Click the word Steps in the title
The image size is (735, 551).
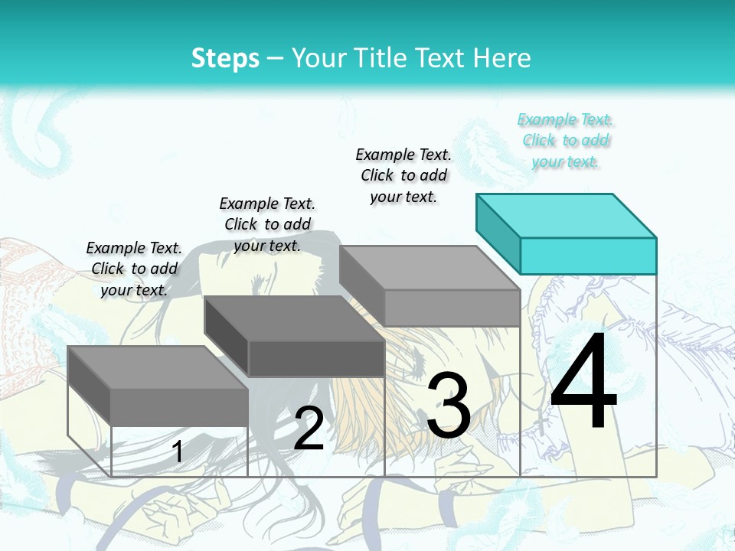click(x=225, y=58)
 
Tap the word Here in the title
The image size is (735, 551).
click(x=502, y=58)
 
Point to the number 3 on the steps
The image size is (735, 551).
click(x=449, y=406)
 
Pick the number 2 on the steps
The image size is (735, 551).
click(x=309, y=429)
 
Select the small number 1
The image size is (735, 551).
click(x=177, y=452)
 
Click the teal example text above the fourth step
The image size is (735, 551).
click(x=566, y=140)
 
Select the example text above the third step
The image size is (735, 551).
click(x=403, y=175)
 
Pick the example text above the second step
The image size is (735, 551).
click(x=267, y=224)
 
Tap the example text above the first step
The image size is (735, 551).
click(x=134, y=269)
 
